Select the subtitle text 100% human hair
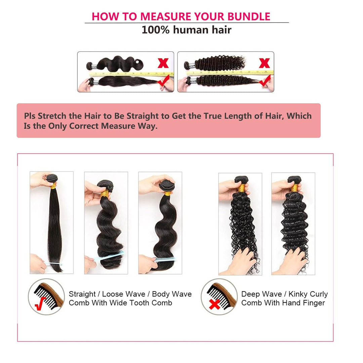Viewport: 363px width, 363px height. pos(186,30)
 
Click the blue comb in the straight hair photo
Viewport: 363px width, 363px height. pos(54,264)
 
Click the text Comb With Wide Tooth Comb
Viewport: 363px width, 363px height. pos(120,303)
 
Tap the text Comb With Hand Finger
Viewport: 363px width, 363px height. pos(283,303)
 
